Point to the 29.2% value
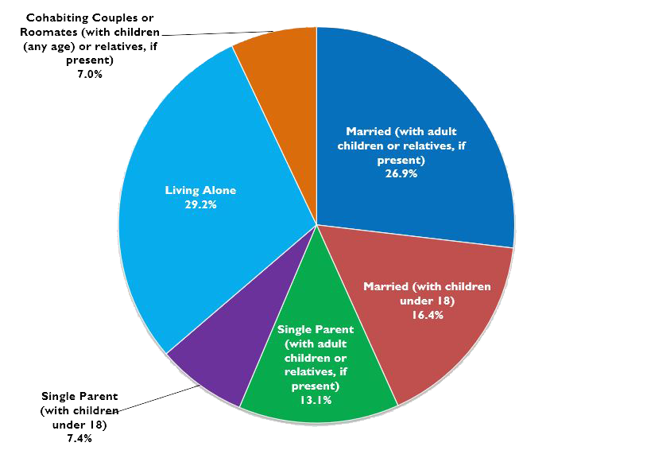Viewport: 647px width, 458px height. point(201,204)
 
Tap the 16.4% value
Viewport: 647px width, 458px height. point(427,314)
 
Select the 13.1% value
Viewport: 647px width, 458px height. point(316,400)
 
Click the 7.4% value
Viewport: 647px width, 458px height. point(79,438)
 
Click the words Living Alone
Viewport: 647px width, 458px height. point(201,191)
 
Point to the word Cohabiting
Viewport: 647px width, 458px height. point(56,17)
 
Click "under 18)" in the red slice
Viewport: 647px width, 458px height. point(427,301)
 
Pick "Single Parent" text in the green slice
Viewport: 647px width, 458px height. point(316,328)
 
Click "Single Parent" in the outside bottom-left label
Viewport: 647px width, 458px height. point(79,396)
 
